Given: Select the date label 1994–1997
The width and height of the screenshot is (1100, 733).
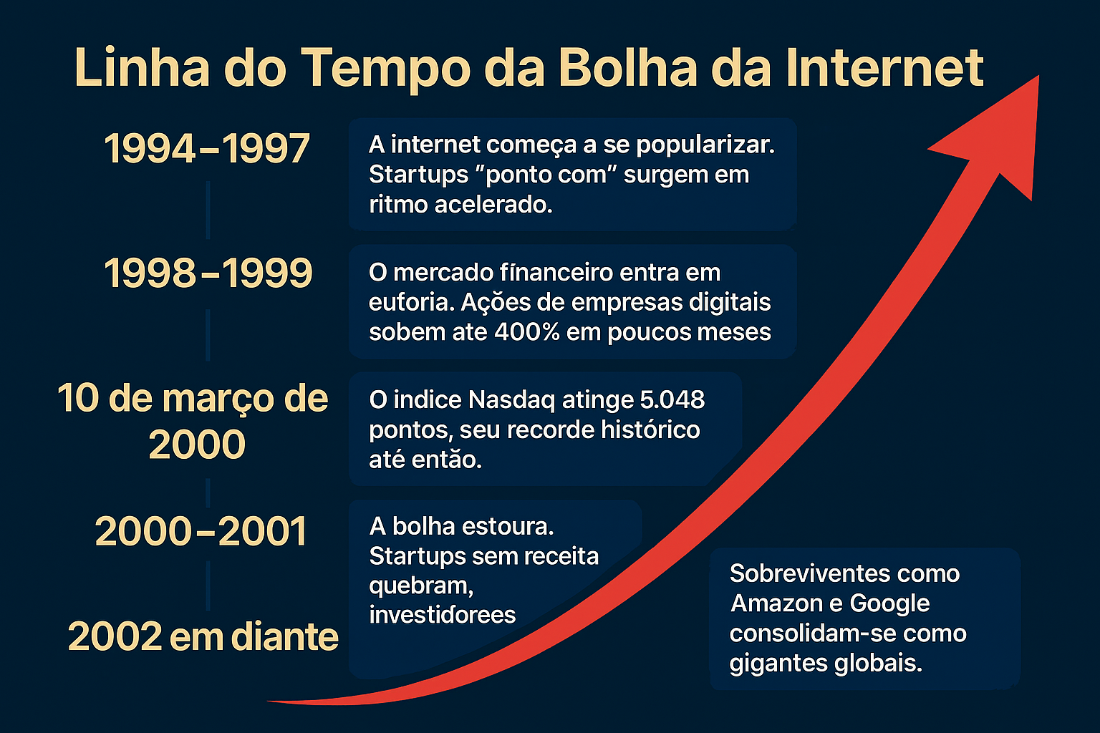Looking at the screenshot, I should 207,149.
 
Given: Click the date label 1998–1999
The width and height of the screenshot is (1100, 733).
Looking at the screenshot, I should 208,273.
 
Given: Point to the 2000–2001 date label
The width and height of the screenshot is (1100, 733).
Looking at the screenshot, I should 201,532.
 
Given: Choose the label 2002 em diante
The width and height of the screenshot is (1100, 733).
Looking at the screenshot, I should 203,636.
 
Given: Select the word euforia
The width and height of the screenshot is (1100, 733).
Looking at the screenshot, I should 411,303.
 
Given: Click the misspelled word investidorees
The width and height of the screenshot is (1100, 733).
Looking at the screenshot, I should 442,615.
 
